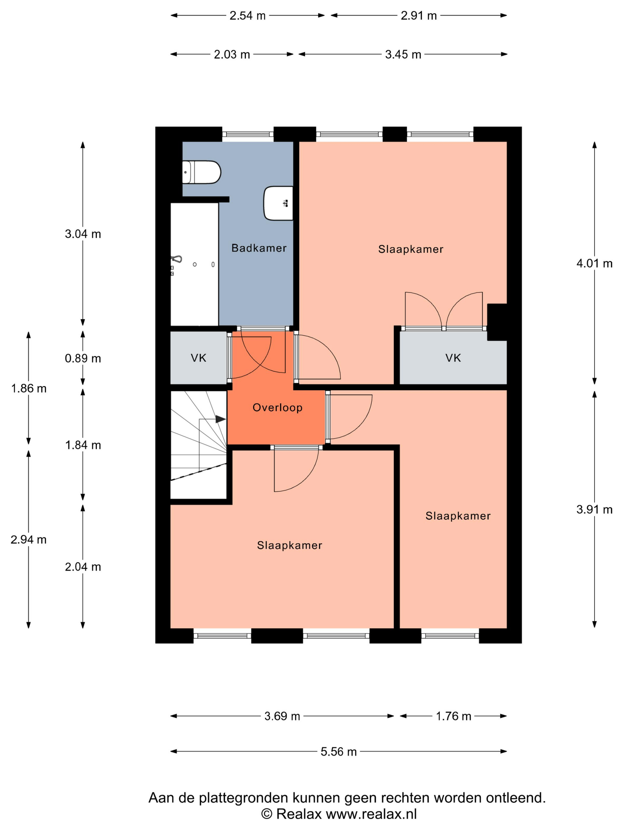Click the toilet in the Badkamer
[x=201, y=172]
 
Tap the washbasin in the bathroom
[x=278, y=203]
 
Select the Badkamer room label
[x=259, y=248]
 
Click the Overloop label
[x=277, y=408]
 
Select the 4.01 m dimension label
[x=595, y=264]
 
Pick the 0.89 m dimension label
[x=83, y=358]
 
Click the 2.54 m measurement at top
[x=247, y=16]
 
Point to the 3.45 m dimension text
[x=403, y=55]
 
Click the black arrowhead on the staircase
[x=220, y=419]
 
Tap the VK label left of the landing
[x=198, y=358]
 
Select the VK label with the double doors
[x=453, y=358]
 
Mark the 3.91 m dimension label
[x=595, y=510]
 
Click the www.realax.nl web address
[x=371, y=814]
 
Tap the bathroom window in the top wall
[x=248, y=134]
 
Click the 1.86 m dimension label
[x=28, y=388]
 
